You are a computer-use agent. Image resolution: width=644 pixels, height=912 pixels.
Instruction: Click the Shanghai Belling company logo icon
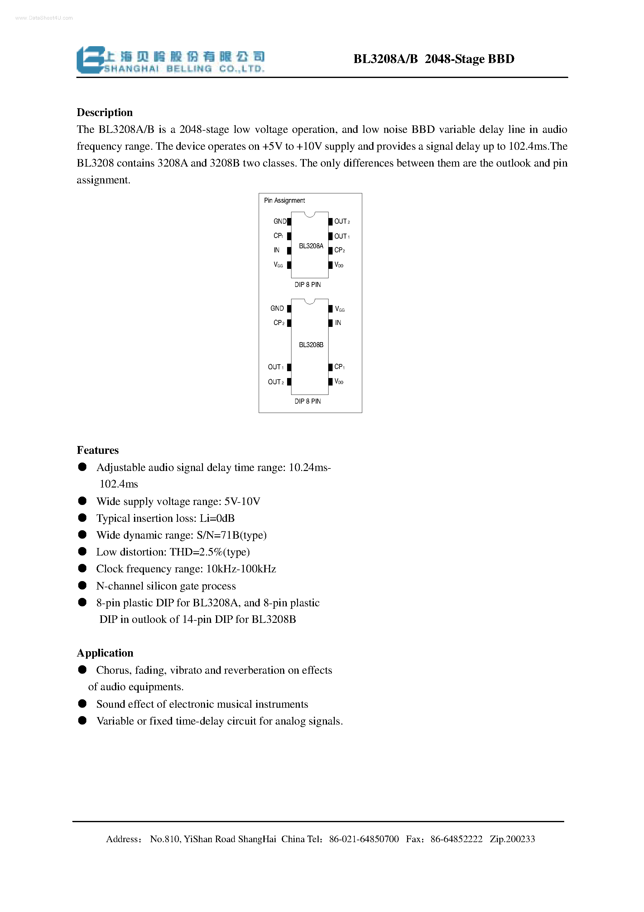click(90, 60)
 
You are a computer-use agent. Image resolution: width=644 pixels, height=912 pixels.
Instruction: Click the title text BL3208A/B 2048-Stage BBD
click(434, 59)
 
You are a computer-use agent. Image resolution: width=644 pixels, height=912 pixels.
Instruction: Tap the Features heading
click(98, 450)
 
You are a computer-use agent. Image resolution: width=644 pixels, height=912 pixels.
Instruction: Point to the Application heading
click(105, 653)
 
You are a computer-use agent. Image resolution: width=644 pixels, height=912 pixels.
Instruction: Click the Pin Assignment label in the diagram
click(284, 200)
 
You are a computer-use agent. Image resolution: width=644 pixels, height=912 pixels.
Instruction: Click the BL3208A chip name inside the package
click(311, 246)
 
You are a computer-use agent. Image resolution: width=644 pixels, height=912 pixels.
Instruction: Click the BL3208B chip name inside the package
click(311, 345)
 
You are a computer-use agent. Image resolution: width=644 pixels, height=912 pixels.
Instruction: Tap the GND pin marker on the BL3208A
click(289, 221)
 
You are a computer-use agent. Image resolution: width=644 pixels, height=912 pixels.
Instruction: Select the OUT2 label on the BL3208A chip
click(341, 221)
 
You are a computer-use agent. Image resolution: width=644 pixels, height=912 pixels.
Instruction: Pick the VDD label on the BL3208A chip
click(339, 265)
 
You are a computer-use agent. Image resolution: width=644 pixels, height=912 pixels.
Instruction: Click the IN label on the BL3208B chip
click(338, 323)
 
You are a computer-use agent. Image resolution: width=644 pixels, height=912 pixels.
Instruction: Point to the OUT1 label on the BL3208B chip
click(276, 367)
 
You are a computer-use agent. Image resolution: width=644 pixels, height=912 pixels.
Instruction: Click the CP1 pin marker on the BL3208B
click(330, 367)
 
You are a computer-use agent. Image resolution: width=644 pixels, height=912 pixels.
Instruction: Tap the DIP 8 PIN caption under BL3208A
click(307, 285)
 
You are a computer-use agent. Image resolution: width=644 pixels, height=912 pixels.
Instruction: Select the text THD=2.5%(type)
click(210, 552)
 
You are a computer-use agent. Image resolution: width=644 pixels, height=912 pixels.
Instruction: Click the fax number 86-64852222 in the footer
click(456, 839)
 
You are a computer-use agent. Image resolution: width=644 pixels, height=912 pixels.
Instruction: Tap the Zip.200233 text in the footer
click(512, 839)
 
